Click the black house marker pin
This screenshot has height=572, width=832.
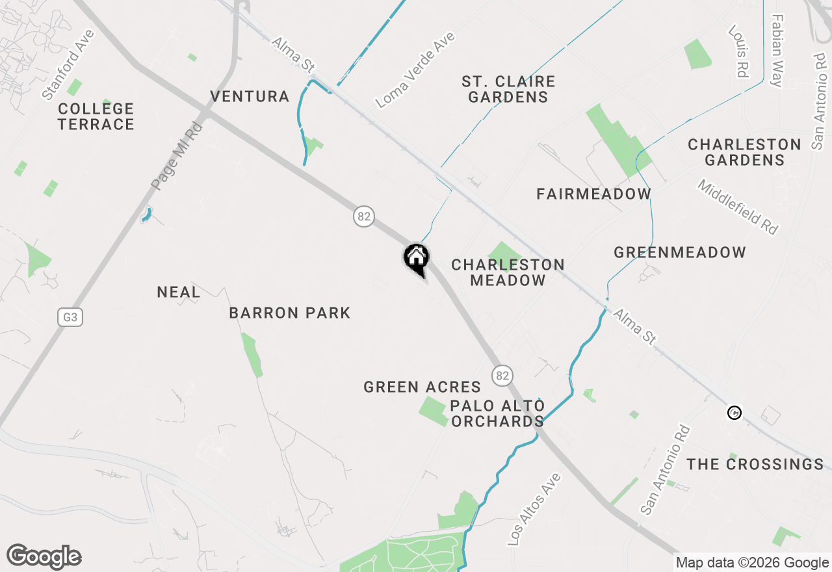pos(416,258)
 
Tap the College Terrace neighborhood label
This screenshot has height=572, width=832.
pos(96,116)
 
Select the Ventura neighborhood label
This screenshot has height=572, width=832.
pos(250,97)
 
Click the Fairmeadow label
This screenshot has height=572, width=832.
pos(593,194)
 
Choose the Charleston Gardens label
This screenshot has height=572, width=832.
pos(744,152)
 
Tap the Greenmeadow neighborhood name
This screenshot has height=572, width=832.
pos(680,252)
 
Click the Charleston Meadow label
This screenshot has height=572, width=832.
pos(508,273)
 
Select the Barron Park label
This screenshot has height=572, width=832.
pos(290,313)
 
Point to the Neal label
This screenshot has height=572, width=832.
pos(179,292)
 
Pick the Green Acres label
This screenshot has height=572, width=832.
pos(422,387)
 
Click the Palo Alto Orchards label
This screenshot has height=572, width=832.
pos(498,414)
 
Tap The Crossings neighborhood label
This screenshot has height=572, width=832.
pos(755,464)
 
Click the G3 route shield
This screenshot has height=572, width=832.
pos(70,317)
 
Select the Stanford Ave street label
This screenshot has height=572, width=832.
pos(68,64)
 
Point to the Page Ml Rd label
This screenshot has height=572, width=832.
pos(177,155)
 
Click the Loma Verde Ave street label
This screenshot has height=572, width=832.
pos(415,70)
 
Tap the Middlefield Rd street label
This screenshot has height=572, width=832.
pos(737,207)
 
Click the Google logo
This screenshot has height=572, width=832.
pos(44,557)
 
